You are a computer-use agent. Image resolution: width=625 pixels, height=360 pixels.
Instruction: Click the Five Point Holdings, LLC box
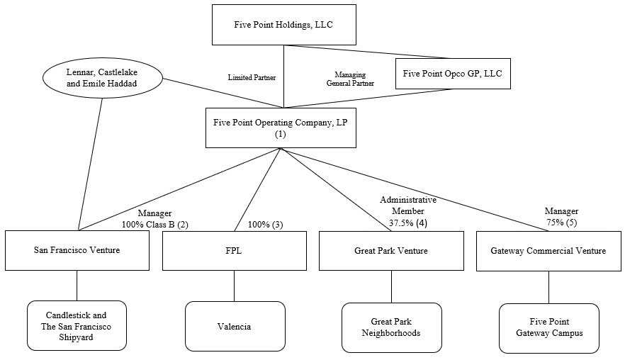[x=283, y=25]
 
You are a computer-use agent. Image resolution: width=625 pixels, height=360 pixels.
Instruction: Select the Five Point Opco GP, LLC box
[x=452, y=72]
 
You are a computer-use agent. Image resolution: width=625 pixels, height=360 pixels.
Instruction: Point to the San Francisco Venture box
[x=77, y=250]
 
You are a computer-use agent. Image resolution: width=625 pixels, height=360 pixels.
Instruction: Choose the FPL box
[x=234, y=250]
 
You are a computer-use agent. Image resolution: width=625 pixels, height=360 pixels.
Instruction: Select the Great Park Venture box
[x=391, y=250]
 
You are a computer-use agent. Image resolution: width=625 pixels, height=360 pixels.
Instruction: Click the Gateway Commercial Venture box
[x=548, y=250]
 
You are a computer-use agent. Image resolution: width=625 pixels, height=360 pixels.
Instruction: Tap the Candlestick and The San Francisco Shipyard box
[x=77, y=325]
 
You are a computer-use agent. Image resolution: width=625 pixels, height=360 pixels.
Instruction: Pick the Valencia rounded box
[x=235, y=327]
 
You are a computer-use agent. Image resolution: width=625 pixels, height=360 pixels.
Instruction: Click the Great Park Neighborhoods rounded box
[x=391, y=327]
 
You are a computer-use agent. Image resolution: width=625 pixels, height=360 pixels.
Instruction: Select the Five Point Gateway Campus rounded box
[x=548, y=327]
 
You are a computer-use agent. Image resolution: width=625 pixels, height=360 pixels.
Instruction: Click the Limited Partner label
[x=251, y=77]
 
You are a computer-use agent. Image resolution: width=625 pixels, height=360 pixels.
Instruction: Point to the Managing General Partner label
[x=350, y=78]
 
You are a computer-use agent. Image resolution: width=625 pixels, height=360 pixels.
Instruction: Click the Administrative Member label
[x=408, y=206]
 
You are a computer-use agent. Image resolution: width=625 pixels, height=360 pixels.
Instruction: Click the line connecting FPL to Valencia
[x=235, y=286]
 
